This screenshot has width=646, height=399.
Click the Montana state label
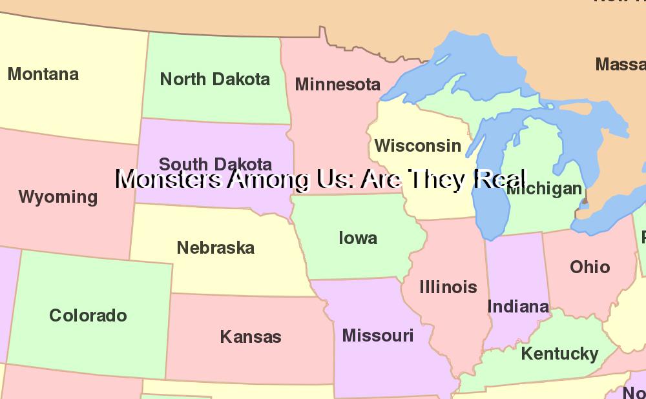coord(43,74)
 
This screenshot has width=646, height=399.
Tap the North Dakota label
coord(215,79)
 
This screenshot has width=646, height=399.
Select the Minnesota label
coord(337,85)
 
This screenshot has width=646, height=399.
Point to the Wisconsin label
coord(418,146)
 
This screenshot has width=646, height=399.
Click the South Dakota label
coord(215,163)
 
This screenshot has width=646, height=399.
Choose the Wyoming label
coord(58,197)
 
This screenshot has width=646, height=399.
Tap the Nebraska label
coord(216,248)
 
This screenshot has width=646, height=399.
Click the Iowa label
coord(358,238)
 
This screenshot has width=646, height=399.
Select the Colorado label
coord(88,316)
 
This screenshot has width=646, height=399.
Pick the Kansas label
coord(251,337)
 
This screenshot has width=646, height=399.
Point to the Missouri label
coord(378,336)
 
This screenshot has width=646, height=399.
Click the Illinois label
coord(448,287)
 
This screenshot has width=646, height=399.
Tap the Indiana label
coord(518,307)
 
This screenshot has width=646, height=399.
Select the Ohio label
coord(590,267)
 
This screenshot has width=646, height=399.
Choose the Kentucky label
coord(559,354)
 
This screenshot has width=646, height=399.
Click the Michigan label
coord(545,189)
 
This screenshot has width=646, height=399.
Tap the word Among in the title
coord(263,179)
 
